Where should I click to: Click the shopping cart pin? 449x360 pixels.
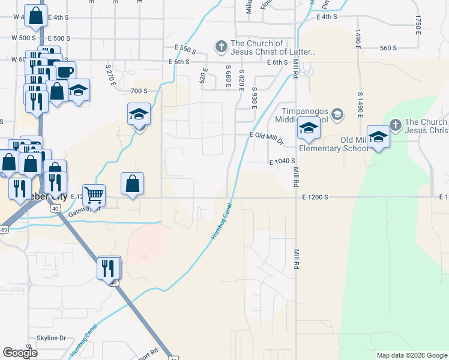(94, 195)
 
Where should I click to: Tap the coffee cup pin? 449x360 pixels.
(65, 72)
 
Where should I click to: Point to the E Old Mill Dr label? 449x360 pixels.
(267, 137)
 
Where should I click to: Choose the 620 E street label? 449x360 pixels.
(204, 77)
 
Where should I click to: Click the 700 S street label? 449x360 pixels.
(139, 91)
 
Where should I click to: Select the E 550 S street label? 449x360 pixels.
(185, 47)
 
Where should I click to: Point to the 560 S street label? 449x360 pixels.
(389, 48)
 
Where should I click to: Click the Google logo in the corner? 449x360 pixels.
(20, 353)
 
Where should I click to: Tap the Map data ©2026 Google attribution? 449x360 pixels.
(411, 355)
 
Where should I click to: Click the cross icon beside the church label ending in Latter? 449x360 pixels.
(221, 46)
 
